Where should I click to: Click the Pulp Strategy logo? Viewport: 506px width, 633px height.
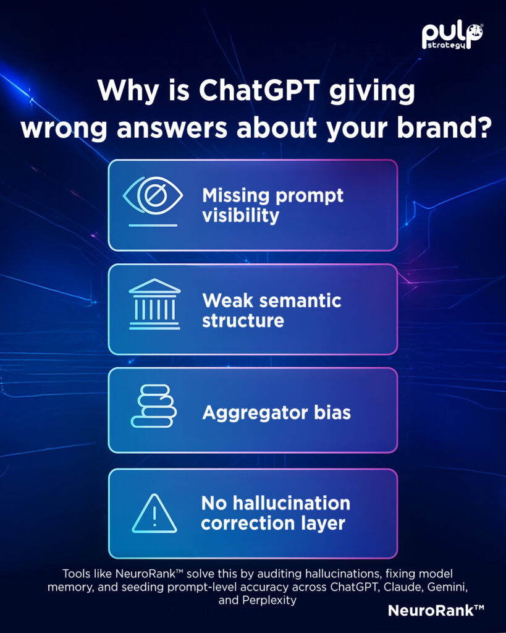click(452, 36)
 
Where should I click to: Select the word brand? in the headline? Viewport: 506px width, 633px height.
click(444, 128)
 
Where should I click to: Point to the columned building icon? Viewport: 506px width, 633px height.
click(154, 304)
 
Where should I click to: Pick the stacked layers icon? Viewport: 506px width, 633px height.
click(154, 406)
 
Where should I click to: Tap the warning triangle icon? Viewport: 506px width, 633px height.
click(154, 514)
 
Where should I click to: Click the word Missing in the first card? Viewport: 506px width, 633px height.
click(235, 195)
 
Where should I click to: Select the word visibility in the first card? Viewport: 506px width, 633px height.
click(240, 215)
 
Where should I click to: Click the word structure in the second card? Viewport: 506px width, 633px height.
click(243, 321)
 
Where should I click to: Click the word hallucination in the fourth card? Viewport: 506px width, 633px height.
click(292, 503)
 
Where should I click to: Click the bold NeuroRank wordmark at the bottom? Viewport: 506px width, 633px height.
click(436, 610)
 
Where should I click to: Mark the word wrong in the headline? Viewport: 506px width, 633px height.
click(64, 129)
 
